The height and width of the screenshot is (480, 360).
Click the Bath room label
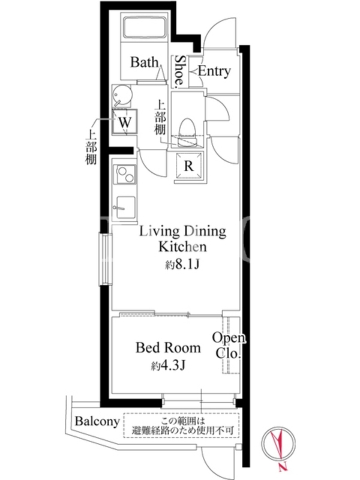145,62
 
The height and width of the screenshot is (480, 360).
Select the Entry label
214,71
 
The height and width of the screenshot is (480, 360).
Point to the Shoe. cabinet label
180,70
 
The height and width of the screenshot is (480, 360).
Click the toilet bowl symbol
187,132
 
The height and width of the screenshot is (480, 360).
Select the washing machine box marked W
125,122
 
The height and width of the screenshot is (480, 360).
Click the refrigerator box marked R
189,167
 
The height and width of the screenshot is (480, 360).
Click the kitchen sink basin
125,207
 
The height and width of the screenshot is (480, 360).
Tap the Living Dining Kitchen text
183,239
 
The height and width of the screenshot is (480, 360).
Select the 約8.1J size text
182,264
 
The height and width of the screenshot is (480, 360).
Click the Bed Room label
168,348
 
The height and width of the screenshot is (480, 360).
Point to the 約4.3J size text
168,365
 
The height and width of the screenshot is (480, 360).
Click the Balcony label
97,422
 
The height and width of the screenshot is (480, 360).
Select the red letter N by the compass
283,467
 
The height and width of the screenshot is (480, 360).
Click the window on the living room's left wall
105,259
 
